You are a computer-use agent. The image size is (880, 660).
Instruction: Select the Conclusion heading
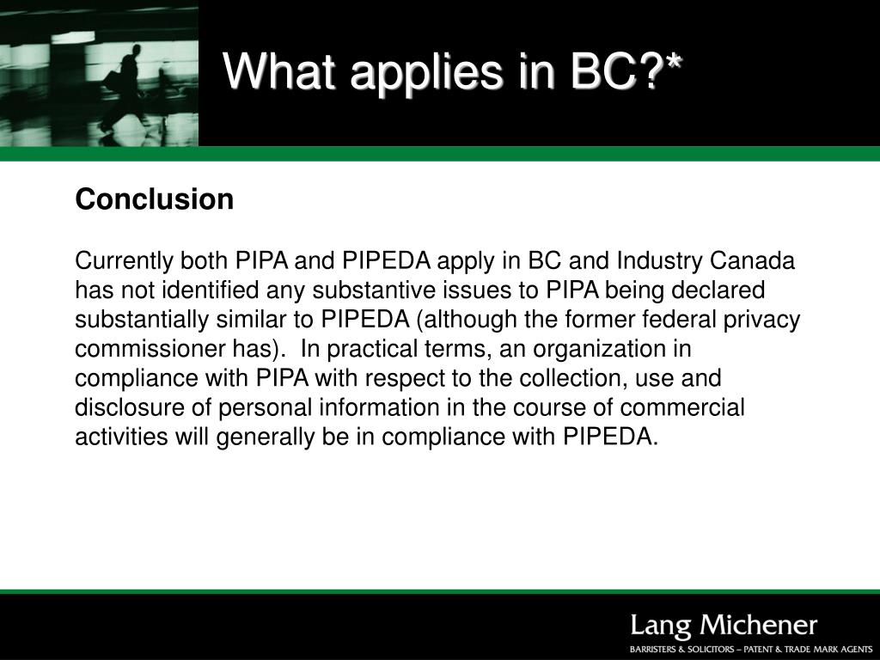[155, 199]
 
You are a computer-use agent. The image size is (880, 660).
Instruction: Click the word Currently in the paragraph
[124, 261]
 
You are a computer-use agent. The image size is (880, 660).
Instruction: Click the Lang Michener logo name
[724, 626]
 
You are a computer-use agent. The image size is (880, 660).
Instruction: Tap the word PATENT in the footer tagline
[761, 650]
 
